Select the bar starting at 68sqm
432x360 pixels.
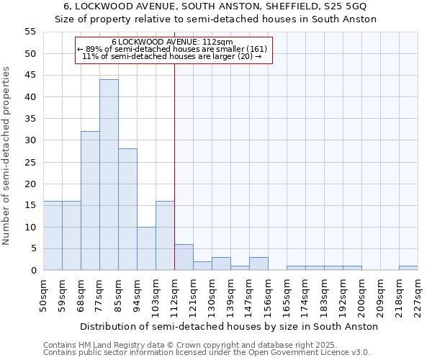click(90, 201)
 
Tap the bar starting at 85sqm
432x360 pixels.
click(127, 210)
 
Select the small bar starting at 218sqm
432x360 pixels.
click(408, 268)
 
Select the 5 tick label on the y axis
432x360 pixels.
click(32, 248)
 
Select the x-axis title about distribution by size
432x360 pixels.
click(229, 327)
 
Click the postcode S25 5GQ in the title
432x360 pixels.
click(346, 6)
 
